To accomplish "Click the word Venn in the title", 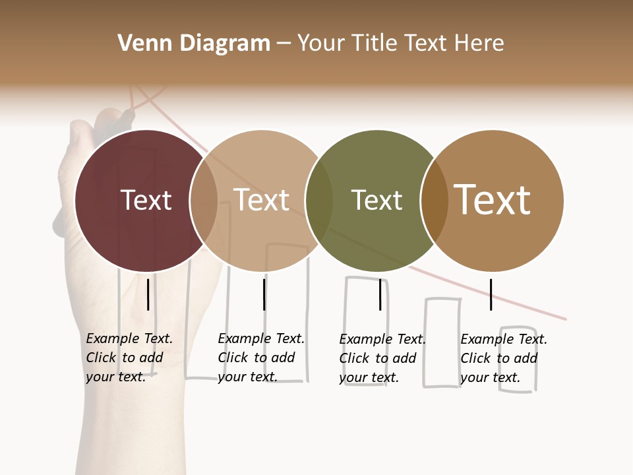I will pos(142,44).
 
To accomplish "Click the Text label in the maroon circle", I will pos(146,200).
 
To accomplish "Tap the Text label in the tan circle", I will pos(261,200).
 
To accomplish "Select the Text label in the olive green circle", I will pos(377,200).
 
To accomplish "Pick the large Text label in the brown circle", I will pos(493,200).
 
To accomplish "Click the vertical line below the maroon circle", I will pos(148,294).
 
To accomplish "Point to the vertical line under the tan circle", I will pos(264,294).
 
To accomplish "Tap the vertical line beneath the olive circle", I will pos(380,294).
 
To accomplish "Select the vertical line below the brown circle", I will pos(491,294).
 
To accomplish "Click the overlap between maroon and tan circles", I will pos(204,201).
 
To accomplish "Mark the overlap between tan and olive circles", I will pos(319,201).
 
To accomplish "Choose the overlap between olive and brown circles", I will pos(435,201).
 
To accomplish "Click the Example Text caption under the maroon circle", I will pos(129,358).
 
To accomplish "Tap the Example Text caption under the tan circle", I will pos(260,358).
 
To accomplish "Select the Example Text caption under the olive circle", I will pos(382,358).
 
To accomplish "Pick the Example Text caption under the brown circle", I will pos(503,358).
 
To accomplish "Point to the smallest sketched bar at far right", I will pos(518,359).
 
